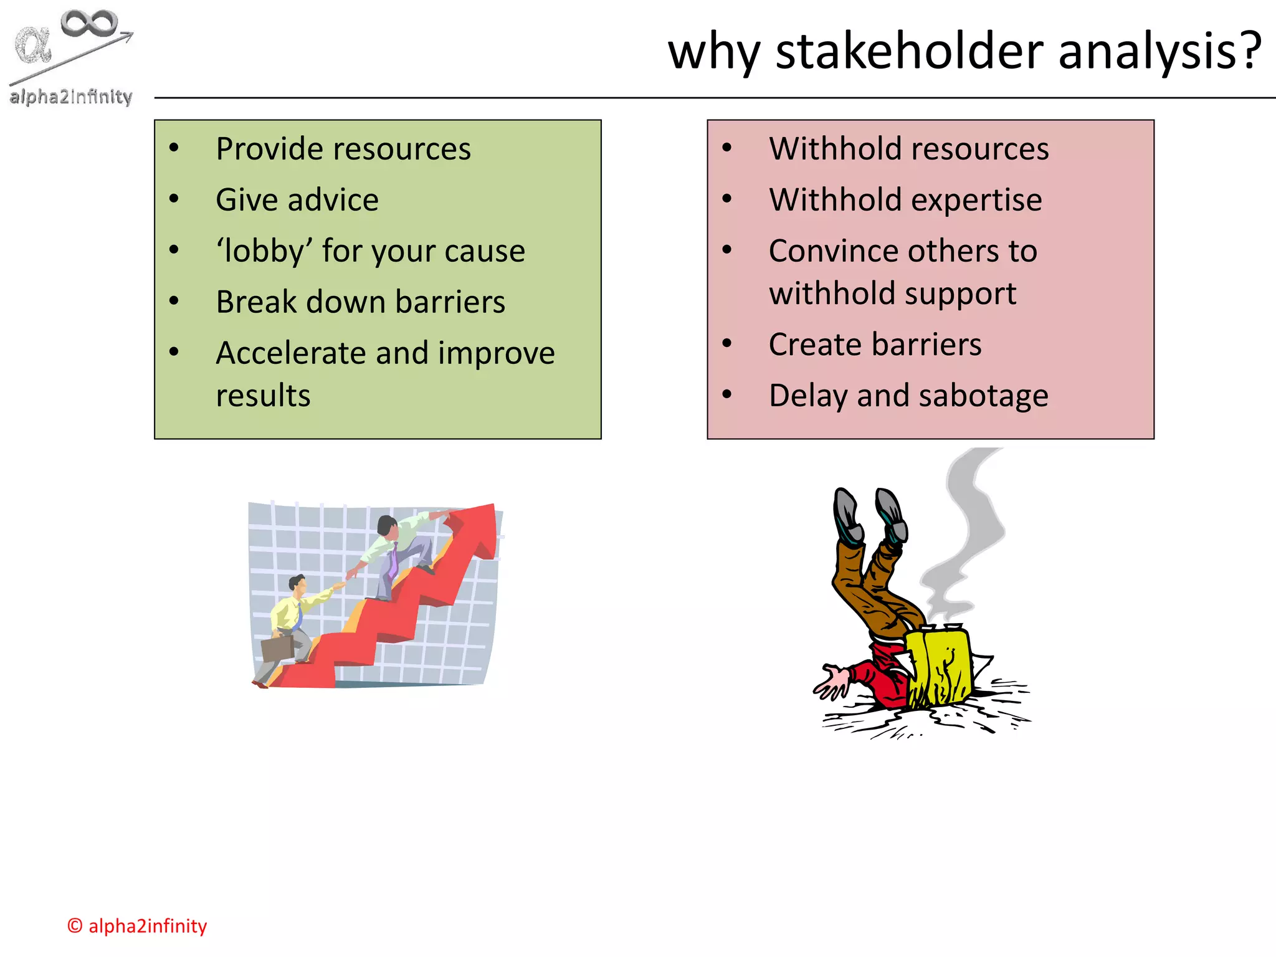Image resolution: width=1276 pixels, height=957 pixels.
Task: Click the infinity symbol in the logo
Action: click(89, 23)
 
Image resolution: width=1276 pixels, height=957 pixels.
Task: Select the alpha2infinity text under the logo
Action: click(71, 97)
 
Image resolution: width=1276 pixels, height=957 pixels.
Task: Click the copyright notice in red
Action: click(137, 926)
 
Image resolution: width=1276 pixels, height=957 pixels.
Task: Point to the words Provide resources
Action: click(343, 149)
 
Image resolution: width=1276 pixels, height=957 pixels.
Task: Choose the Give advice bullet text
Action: click(297, 200)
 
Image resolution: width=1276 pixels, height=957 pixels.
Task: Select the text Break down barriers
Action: click(360, 302)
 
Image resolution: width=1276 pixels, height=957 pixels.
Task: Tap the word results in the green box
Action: click(263, 396)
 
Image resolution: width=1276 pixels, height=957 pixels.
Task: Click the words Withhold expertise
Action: click(905, 200)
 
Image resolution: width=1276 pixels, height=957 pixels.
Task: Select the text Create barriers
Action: click(875, 345)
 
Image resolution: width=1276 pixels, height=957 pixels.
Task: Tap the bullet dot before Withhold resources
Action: click(726, 148)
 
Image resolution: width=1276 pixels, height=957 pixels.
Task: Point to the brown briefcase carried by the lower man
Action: click(277, 648)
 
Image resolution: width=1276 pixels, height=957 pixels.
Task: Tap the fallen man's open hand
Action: click(830, 684)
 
